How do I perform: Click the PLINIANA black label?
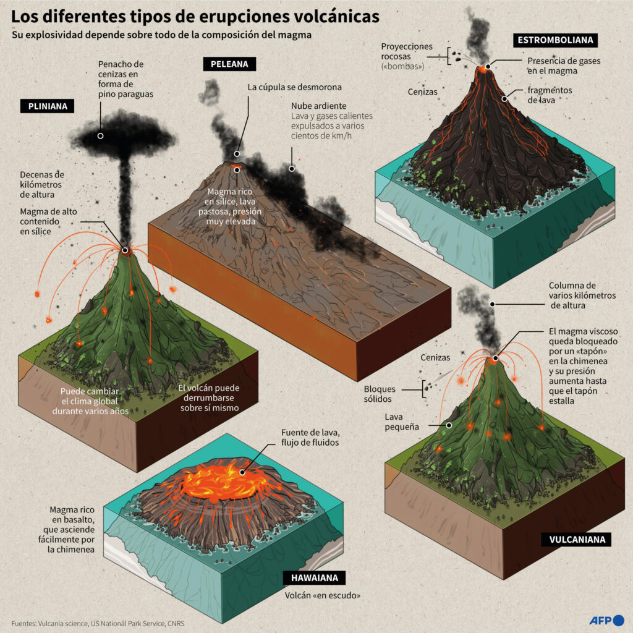(x=47, y=106)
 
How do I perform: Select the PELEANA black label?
(x=229, y=64)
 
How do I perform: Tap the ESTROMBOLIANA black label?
(x=556, y=40)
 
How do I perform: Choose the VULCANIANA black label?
(x=577, y=539)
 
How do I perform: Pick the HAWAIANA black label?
(x=315, y=578)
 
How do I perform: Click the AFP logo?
(x=607, y=620)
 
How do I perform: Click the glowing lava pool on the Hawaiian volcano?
(x=226, y=480)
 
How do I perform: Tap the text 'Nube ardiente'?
(x=319, y=106)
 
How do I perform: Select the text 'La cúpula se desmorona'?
(x=295, y=87)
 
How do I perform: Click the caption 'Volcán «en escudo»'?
(x=323, y=595)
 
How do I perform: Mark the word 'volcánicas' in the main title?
(x=336, y=17)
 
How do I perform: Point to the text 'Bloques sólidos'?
(x=380, y=394)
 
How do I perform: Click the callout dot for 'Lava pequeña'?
(x=449, y=425)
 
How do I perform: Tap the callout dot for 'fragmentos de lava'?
(x=504, y=99)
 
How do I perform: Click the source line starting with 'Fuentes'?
(x=98, y=624)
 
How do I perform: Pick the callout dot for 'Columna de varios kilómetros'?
(x=493, y=304)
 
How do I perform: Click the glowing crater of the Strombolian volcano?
(x=483, y=69)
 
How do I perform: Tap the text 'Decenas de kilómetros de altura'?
(x=42, y=184)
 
